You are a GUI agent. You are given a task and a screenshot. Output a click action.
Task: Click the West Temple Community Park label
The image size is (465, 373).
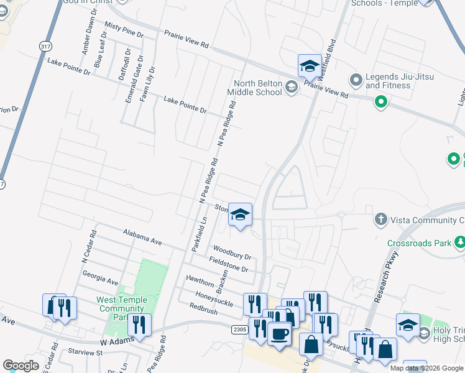pos(122,308)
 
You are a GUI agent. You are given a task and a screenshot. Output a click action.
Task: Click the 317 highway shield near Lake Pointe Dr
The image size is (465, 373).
pos(45,47)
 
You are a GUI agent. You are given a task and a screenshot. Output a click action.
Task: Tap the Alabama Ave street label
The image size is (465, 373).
pos(142,237)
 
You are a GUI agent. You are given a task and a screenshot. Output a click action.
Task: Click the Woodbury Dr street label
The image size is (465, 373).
pos(231,254)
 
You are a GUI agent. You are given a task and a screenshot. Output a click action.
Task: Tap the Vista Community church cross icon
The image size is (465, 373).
pos(380,219)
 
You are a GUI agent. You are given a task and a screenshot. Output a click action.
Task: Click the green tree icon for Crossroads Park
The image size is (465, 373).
pos(460,242)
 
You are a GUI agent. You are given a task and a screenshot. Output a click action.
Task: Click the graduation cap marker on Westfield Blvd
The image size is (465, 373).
pos(309,65)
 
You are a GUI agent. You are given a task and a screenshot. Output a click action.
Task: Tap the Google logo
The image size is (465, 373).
pos(21,366)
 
